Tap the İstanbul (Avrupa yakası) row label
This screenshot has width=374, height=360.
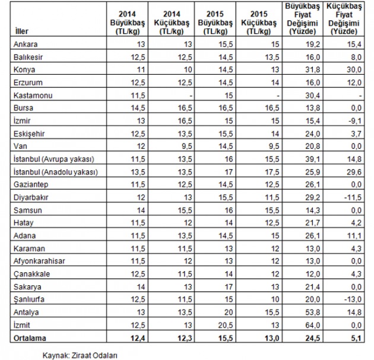click(52, 159)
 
